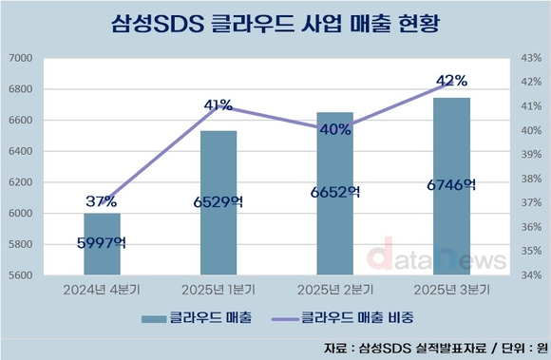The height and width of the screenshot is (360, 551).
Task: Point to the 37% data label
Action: [x=101, y=201]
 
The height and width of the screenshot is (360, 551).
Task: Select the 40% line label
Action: [x=335, y=130]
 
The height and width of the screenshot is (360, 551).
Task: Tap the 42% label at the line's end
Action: [x=452, y=80]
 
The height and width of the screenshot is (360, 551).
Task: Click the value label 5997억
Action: [x=102, y=242]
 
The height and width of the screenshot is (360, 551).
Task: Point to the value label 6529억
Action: [x=218, y=201]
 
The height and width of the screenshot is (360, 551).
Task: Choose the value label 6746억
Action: [x=451, y=185]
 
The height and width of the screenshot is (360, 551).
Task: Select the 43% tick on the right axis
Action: [x=530, y=59]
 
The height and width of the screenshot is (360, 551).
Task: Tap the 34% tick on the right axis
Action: [x=530, y=275]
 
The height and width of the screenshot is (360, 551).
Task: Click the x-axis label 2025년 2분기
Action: [x=334, y=289]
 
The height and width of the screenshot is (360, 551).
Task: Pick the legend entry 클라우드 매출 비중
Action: [x=356, y=318]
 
